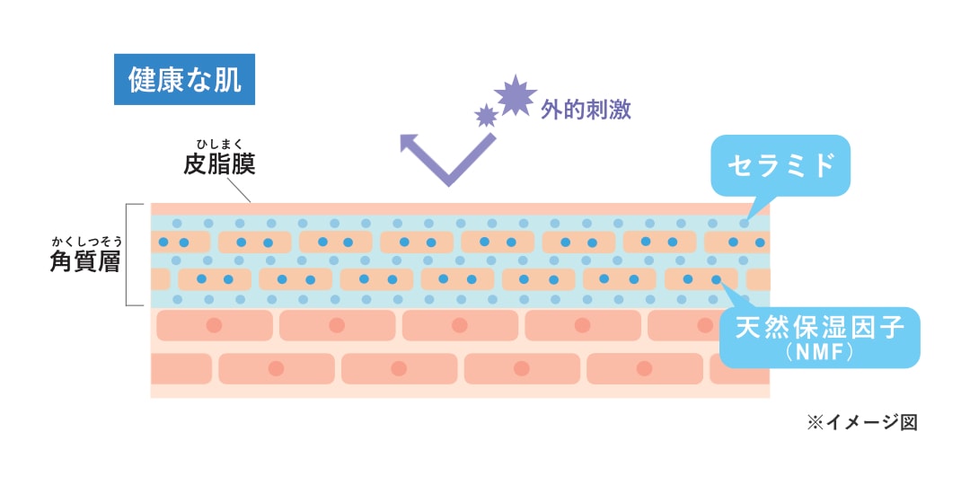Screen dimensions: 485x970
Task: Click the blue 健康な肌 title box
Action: point(185,80)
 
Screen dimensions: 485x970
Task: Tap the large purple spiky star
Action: point(516,96)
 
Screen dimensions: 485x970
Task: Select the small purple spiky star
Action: point(486,115)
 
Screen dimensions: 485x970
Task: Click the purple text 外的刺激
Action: point(586,110)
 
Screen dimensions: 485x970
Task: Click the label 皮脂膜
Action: point(219,164)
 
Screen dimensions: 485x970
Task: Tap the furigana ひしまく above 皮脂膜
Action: point(219,143)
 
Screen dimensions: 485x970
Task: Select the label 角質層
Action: point(85,261)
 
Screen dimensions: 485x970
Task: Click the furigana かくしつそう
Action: point(86,240)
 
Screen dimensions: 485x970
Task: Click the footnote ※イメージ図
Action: point(861,422)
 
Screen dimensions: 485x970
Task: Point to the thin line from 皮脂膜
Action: point(240,190)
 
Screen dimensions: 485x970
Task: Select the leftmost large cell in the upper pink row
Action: point(214,325)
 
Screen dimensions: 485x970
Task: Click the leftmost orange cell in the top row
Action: point(180,242)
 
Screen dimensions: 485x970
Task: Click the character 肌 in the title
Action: point(228,80)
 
